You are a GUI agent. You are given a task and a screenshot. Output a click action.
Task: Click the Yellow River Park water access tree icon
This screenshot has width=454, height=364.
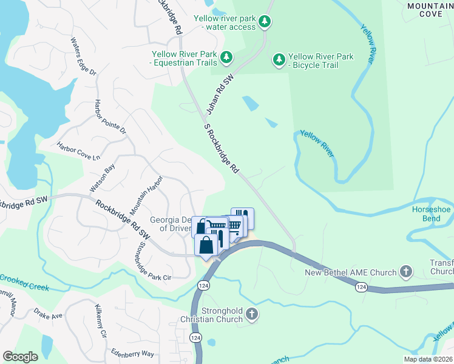(x=264, y=22)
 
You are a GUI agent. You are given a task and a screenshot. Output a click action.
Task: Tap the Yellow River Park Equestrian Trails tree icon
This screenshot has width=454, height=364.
(x=226, y=58)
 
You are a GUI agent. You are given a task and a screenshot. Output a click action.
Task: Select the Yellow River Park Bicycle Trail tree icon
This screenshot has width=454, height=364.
(x=279, y=59)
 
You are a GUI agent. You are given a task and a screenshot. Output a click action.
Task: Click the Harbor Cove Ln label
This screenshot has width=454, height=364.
(x=78, y=151)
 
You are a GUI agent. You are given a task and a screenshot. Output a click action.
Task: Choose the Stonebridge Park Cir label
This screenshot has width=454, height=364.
(x=152, y=261)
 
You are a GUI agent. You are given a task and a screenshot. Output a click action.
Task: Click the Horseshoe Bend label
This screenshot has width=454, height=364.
(x=432, y=213)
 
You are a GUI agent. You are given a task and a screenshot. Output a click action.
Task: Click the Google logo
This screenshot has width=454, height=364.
(x=20, y=356)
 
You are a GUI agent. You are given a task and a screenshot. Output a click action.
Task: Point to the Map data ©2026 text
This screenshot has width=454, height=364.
(x=427, y=359)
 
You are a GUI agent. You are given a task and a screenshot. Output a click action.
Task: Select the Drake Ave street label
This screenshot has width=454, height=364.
(x=48, y=315)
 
